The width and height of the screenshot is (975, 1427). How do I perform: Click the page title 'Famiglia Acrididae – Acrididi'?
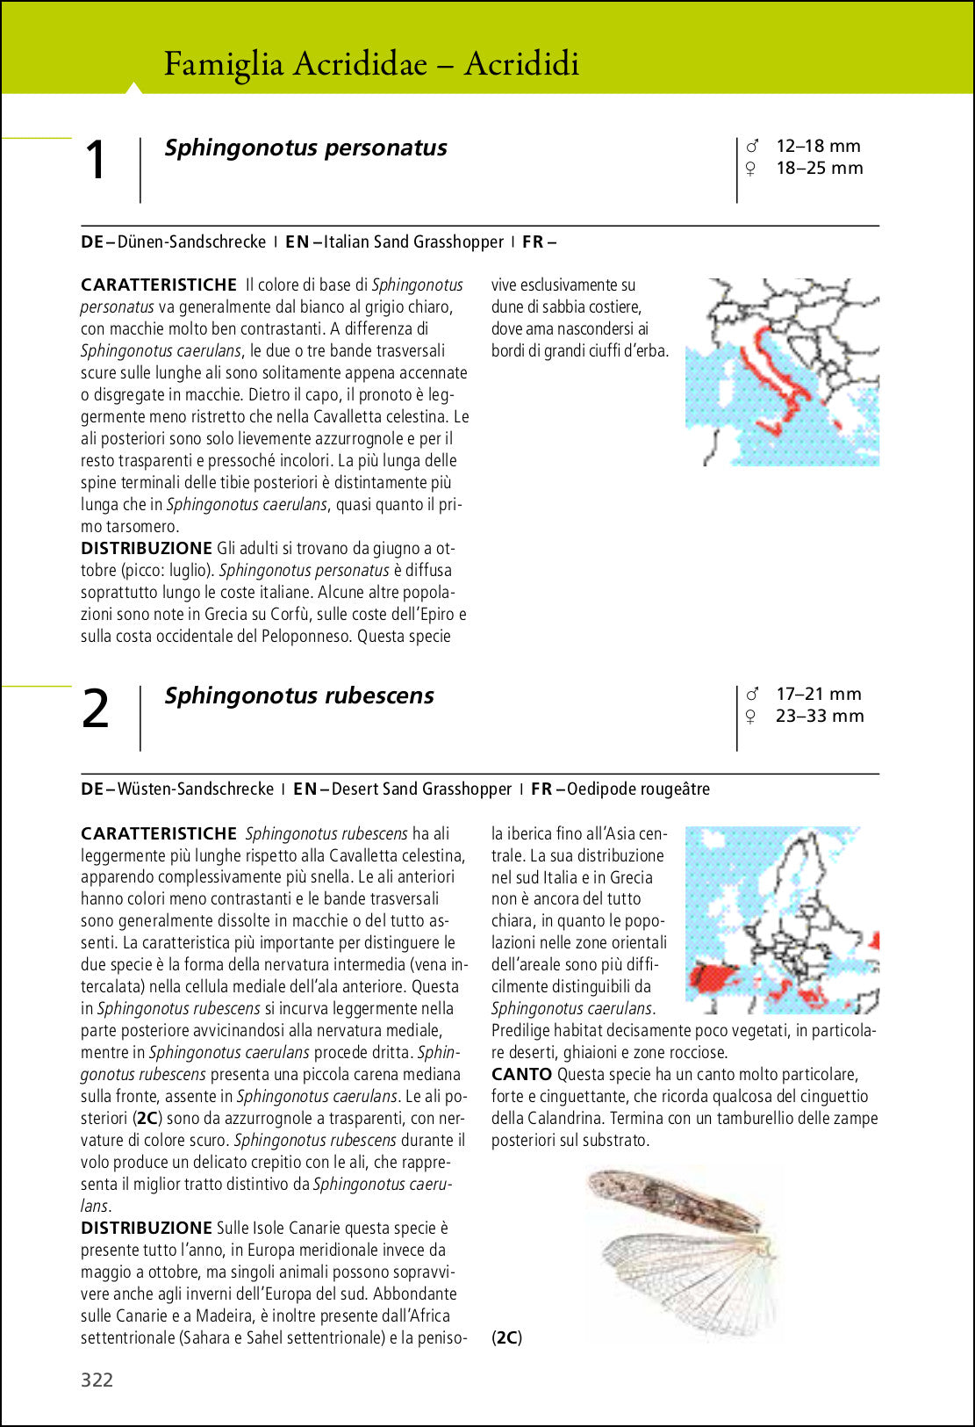[371, 64]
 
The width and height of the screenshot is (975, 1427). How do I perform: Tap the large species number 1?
[96, 161]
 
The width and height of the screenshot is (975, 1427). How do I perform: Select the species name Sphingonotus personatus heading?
[305, 148]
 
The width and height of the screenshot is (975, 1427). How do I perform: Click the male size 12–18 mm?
[817, 146]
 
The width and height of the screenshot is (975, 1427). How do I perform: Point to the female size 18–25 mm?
[819, 168]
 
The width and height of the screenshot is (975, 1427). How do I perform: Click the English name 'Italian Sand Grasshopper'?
[413, 241]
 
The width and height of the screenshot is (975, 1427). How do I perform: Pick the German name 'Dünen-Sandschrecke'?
[191, 241]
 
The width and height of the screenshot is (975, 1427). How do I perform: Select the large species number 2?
[96, 709]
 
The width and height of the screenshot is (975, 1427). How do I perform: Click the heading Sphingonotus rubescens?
[299, 695]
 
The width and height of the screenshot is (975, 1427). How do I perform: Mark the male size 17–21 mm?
[818, 694]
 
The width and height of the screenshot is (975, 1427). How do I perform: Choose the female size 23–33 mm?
[819, 716]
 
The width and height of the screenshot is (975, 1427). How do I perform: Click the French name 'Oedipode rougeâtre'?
[638, 789]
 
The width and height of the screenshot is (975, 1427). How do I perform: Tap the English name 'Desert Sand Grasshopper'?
[421, 789]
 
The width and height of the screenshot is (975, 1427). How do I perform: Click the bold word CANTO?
[521, 1074]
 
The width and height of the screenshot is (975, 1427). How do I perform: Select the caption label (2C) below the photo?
[506, 1337]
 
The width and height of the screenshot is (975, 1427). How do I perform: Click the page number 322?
[97, 1380]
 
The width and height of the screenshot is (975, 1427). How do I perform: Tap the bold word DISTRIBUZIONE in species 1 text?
[147, 548]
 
